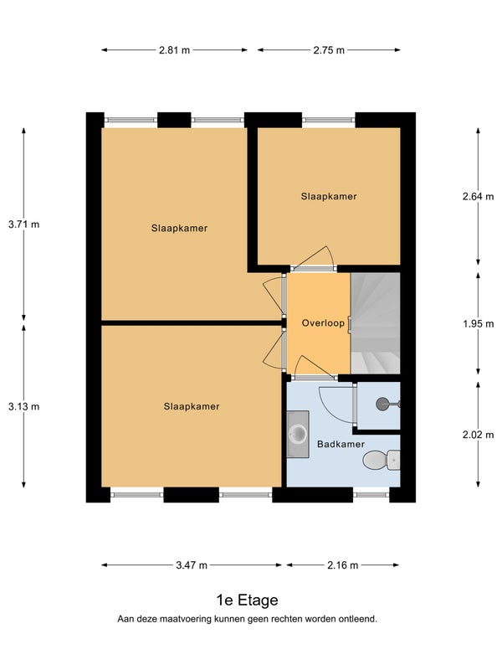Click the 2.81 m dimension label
174,50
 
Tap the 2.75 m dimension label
329,50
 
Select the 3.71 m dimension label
24,224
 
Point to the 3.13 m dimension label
24,406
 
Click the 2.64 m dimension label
478,196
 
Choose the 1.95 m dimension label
478,324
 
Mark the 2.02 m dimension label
478,435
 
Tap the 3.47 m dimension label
192,565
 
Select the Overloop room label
323,323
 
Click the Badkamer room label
341,444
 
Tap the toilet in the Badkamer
382,460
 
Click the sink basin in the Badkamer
298,434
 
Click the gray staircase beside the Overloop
375,323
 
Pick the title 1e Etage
247,600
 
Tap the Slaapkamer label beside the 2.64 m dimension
329,197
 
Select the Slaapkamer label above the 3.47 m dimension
192,406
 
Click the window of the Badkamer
371,495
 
